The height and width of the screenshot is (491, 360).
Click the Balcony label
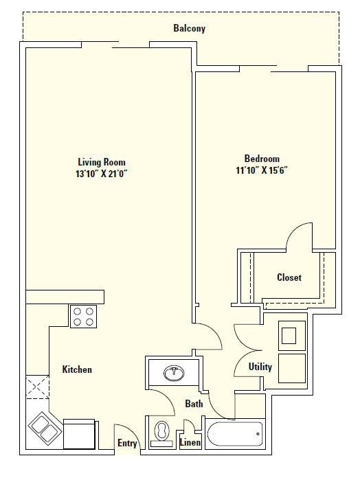pos(189,29)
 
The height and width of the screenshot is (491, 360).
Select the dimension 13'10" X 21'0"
pos(102,174)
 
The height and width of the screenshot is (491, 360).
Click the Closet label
pos(289,277)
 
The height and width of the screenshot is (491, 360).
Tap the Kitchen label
pos(77,369)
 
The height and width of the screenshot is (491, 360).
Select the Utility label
pos(260,367)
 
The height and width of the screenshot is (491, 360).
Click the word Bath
pos(194,404)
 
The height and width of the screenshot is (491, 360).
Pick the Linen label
pos(190,443)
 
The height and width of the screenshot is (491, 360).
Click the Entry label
pos(127,444)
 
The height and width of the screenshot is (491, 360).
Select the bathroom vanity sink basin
pos(172,374)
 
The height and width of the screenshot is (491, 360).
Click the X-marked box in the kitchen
pos(37,388)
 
